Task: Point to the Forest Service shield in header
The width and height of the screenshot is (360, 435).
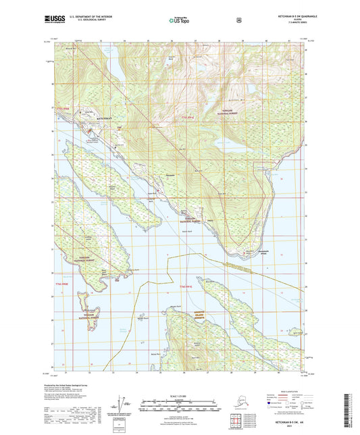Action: click(x=238, y=20)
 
